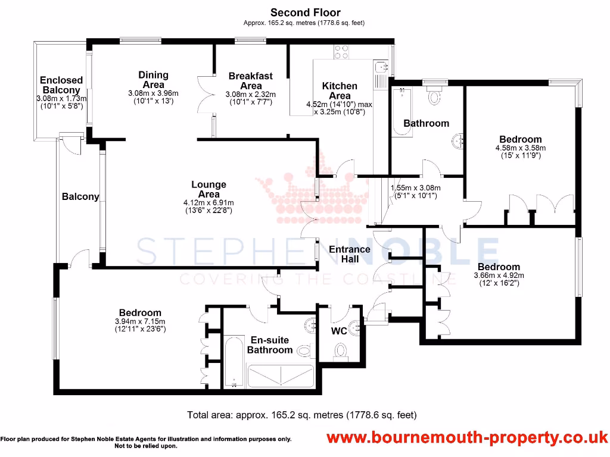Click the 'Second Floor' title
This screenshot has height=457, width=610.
tap(305, 12)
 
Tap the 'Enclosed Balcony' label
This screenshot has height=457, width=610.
tap(61, 85)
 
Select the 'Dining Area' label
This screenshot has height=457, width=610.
tap(153, 80)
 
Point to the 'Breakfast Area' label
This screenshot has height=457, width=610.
tap(250, 80)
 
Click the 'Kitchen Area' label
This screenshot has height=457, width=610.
tap(340, 90)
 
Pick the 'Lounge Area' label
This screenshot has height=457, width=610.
tap(208, 189)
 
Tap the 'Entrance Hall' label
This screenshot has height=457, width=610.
tap(350, 254)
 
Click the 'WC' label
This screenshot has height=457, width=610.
tap(339, 331)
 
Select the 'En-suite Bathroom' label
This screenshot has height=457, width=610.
tap(269, 345)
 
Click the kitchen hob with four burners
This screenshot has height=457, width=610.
tap(341, 52)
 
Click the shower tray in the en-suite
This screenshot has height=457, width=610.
tap(281, 376)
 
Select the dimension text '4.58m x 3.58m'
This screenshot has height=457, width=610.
tap(520, 148)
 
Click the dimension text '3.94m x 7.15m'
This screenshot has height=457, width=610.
tap(140, 321)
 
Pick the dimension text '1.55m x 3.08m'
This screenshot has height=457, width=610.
tap(415, 188)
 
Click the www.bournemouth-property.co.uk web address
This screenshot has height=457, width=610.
tap(467, 439)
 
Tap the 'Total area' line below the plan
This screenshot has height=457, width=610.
tap(301, 415)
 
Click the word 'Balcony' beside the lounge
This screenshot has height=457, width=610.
tap(80, 196)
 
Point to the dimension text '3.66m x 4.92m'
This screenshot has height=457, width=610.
tap(499, 276)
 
